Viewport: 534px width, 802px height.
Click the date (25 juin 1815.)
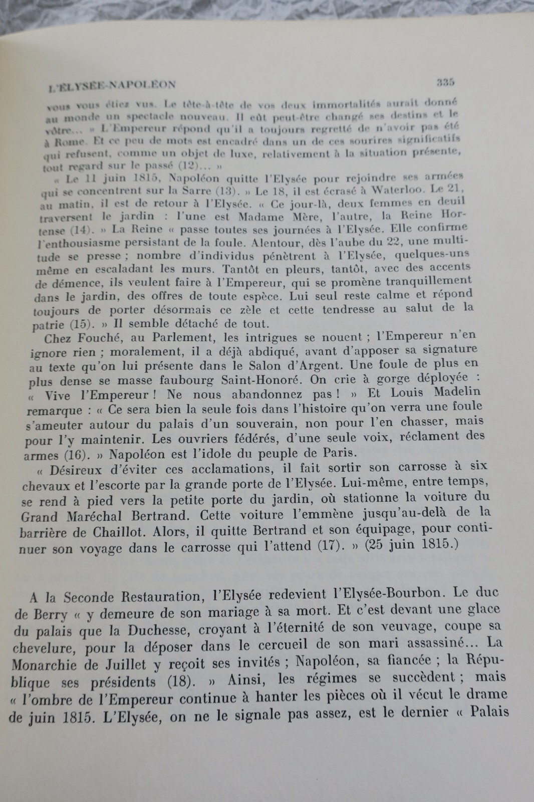coord(412,544)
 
